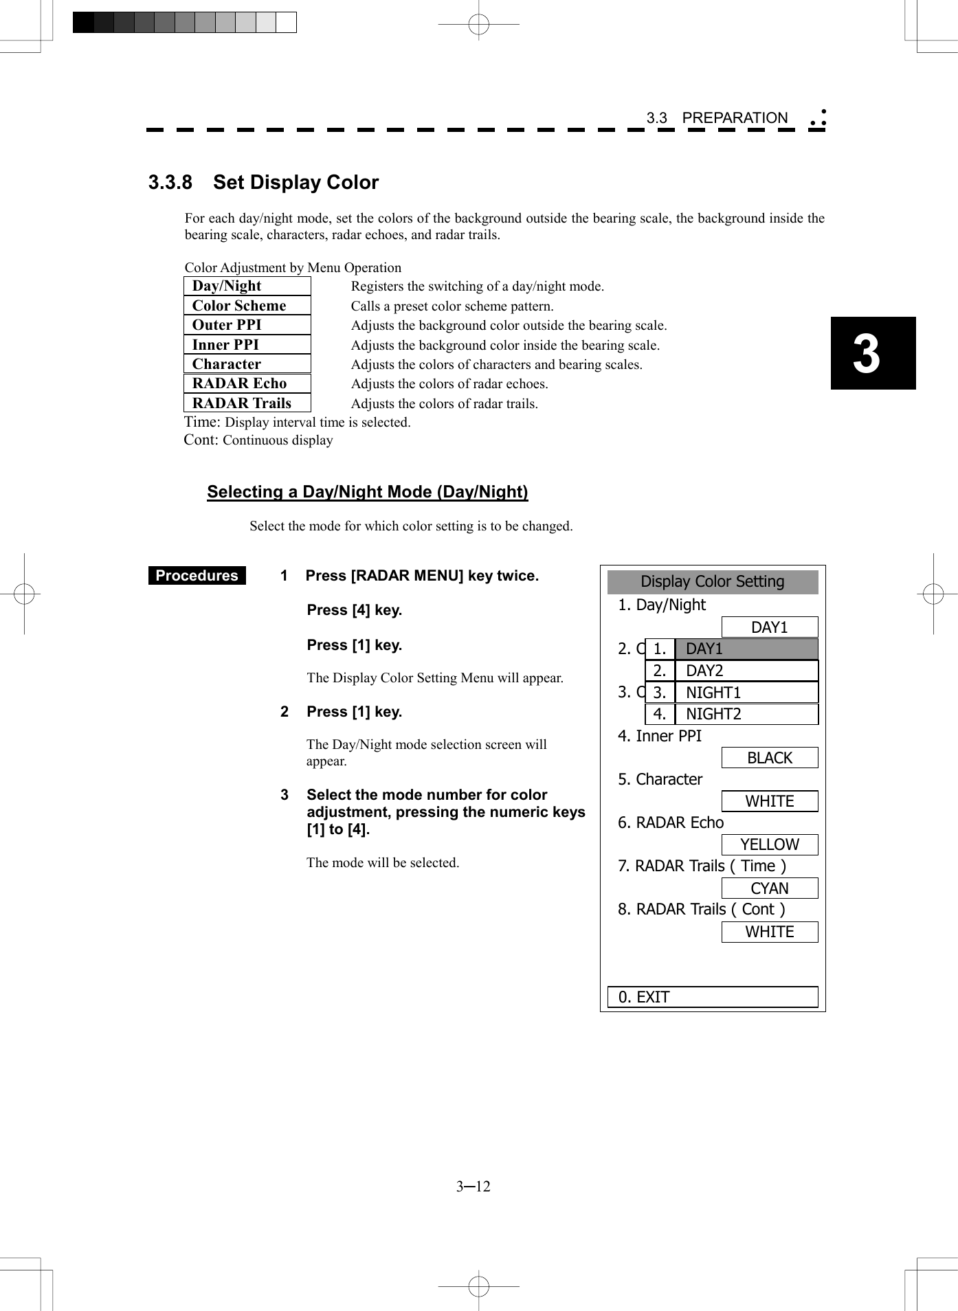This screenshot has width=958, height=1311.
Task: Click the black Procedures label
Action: coord(197,576)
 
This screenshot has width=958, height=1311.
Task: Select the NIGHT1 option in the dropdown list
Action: coord(731,693)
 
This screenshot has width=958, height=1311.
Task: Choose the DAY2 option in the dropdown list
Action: coord(731,671)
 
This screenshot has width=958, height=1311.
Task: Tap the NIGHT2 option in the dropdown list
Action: coord(731,715)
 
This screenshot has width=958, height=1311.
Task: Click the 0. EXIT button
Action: coord(712,997)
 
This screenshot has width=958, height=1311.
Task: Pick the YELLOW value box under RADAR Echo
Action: coord(769,844)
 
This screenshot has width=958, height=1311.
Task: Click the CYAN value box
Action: coord(769,888)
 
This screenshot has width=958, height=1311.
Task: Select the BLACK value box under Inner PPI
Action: coord(769,758)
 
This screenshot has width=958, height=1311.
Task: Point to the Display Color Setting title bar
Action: coord(712,582)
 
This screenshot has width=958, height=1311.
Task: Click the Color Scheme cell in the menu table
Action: coord(247,306)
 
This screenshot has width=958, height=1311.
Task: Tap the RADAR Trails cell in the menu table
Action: coord(247,403)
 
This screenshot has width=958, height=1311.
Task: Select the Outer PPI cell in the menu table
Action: coord(247,325)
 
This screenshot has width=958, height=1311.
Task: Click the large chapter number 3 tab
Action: coord(872,353)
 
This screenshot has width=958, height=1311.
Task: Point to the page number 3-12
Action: coord(474,1187)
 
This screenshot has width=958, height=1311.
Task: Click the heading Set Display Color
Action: coord(296,183)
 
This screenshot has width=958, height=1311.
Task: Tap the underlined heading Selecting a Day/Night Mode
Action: coord(367,492)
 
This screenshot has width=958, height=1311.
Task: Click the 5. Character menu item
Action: coord(660,779)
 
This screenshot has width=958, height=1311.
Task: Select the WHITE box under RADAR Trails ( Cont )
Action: coord(769,932)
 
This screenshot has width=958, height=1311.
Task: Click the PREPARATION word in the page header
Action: coord(734,118)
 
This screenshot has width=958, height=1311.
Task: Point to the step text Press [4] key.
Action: coord(354,610)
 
